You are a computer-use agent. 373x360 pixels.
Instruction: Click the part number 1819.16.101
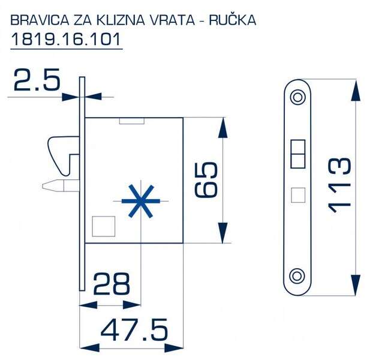[x=66, y=39]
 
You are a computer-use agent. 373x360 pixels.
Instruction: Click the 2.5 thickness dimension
[x=37, y=79]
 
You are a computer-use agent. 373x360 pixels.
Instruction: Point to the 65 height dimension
[x=206, y=179]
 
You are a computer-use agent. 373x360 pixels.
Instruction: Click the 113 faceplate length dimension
[x=339, y=185]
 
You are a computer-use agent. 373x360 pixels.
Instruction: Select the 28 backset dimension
[x=112, y=284]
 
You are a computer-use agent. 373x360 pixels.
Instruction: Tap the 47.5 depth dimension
[x=134, y=330]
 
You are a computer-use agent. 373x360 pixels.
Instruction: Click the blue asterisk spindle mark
[x=141, y=201]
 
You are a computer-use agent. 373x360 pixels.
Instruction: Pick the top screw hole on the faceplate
[x=297, y=97]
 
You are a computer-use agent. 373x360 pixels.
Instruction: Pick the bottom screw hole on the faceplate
[x=297, y=276]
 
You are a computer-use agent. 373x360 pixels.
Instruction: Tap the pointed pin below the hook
[x=61, y=186]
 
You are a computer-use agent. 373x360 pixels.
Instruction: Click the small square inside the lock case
[x=104, y=226]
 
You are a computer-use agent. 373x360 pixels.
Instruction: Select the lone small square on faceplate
[x=298, y=195]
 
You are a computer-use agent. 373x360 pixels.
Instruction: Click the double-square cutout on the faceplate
[x=298, y=154]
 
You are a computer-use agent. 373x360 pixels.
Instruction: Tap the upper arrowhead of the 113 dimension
[x=356, y=91]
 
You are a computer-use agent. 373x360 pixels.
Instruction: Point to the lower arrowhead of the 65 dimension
[x=223, y=233]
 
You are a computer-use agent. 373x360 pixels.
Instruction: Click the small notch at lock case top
[x=132, y=121]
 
